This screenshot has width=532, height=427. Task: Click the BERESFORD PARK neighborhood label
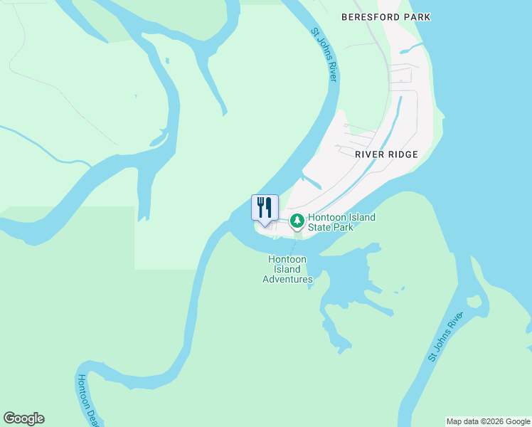[x=385, y=16]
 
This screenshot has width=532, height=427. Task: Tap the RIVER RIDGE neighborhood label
[x=385, y=154]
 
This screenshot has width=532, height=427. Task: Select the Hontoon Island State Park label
[x=341, y=222]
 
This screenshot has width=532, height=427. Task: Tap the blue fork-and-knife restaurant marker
[x=265, y=208]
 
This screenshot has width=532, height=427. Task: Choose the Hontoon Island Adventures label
[x=287, y=269]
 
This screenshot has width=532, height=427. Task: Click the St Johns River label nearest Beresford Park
[x=324, y=54]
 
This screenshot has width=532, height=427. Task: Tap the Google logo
[x=23, y=418]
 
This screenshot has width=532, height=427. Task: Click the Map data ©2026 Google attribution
[x=488, y=421]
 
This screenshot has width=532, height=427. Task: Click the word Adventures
[x=287, y=279]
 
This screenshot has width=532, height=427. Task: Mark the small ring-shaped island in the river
[x=474, y=302]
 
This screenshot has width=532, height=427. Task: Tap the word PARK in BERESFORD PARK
[x=417, y=16]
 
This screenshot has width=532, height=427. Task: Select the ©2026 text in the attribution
[x=487, y=421]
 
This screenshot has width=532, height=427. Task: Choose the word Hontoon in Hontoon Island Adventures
[x=287, y=260]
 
